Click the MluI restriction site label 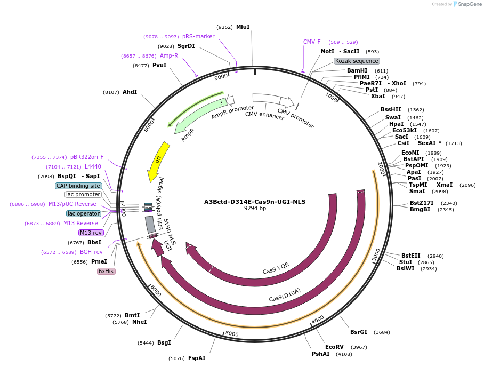click(243, 27)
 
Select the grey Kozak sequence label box click(357, 61)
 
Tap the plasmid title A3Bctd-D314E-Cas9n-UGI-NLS click(255, 202)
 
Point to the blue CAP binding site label click(78, 186)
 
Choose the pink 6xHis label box click(106, 271)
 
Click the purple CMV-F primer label click(312, 42)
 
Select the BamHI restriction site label click(357, 70)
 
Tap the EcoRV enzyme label click(335, 347)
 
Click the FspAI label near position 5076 click(197, 358)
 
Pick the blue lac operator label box click(84, 213)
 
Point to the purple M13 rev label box click(91, 233)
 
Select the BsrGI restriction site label click(359, 332)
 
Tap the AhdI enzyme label click(130, 92)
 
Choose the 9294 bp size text click(255, 209)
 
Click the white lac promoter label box click(83, 194)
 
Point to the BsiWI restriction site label click(405, 268)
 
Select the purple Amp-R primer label click(169, 55)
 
